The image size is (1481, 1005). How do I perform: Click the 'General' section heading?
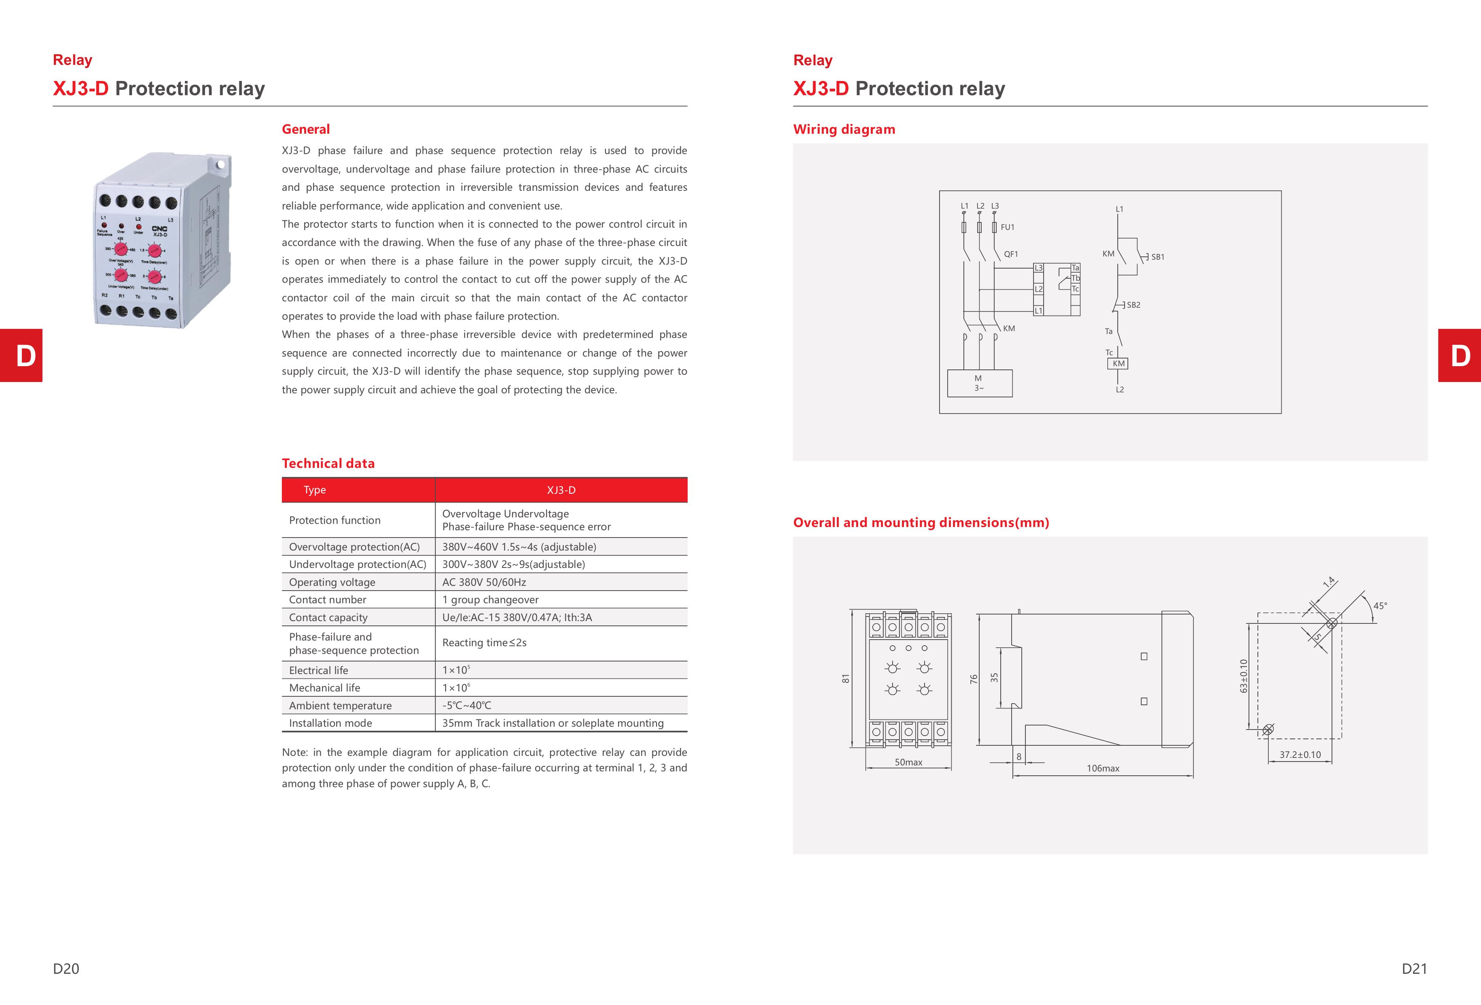[x=305, y=129]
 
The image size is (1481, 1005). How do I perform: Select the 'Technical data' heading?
[x=328, y=463]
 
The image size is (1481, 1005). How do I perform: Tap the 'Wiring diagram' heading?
[x=844, y=129]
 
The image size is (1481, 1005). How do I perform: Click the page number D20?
[x=66, y=969]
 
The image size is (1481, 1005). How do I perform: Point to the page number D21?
[x=1414, y=969]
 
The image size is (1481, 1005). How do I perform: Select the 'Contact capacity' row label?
[x=328, y=617]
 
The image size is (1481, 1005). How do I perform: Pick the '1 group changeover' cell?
[x=490, y=600]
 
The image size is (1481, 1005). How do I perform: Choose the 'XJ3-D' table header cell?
[x=561, y=490]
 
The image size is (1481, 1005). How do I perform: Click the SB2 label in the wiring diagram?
[x=1133, y=305]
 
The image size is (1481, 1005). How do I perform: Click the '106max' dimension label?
[x=1102, y=768]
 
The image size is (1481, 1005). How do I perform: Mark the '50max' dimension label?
[x=908, y=762]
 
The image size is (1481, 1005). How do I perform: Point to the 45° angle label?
[x=1380, y=606]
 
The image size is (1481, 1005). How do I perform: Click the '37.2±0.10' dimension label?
[x=1300, y=755]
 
